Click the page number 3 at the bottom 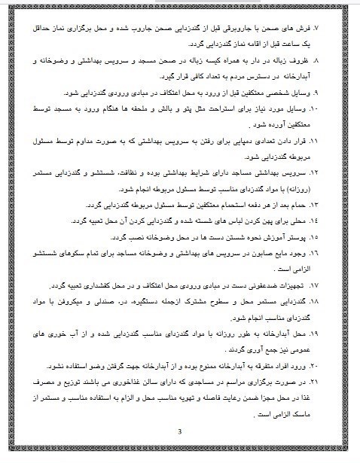tap(179, 431)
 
